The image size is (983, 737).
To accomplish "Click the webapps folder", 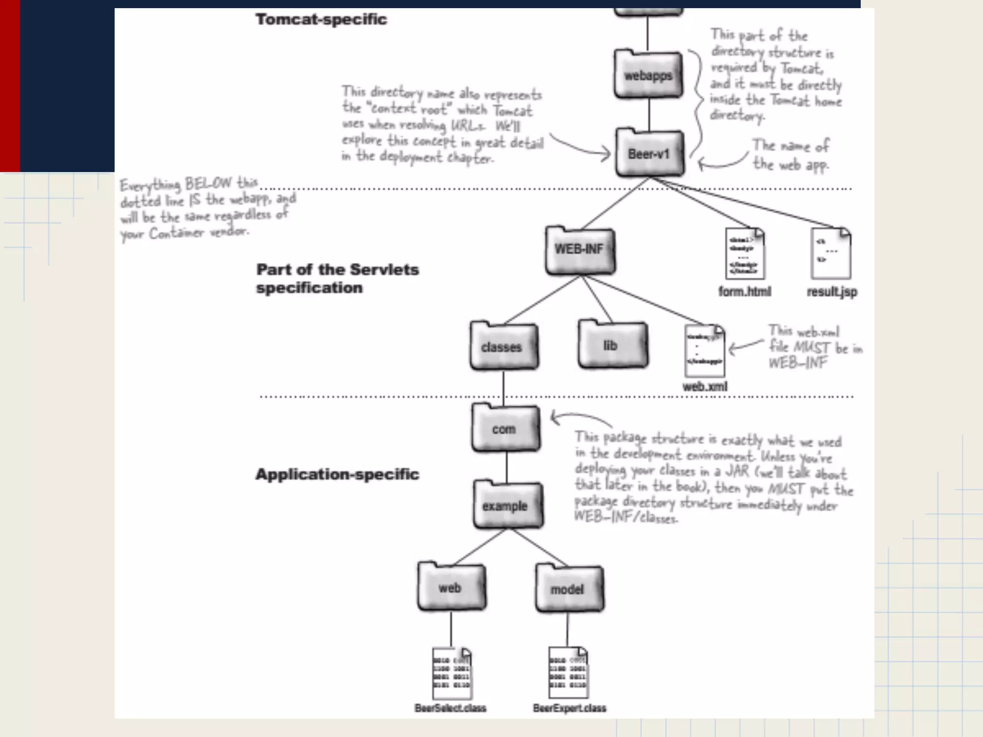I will (x=648, y=75).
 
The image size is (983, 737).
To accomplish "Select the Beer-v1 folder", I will (x=649, y=153).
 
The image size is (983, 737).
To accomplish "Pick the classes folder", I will (x=503, y=346).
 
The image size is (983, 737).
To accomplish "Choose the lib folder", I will (x=612, y=345).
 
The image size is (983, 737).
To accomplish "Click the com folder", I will (x=505, y=428).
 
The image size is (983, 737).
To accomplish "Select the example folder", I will (x=507, y=505).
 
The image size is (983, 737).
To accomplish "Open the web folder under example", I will (x=451, y=587).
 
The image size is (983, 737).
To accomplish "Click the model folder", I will (x=569, y=589).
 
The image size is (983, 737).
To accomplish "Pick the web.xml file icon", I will (x=704, y=351).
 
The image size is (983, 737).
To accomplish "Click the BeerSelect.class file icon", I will (x=451, y=673).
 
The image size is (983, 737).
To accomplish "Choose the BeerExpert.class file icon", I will (x=568, y=673).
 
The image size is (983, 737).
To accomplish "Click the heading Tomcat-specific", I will (x=321, y=19).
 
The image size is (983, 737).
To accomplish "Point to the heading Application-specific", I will (x=337, y=474).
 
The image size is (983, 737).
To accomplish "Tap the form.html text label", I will (x=744, y=292).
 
